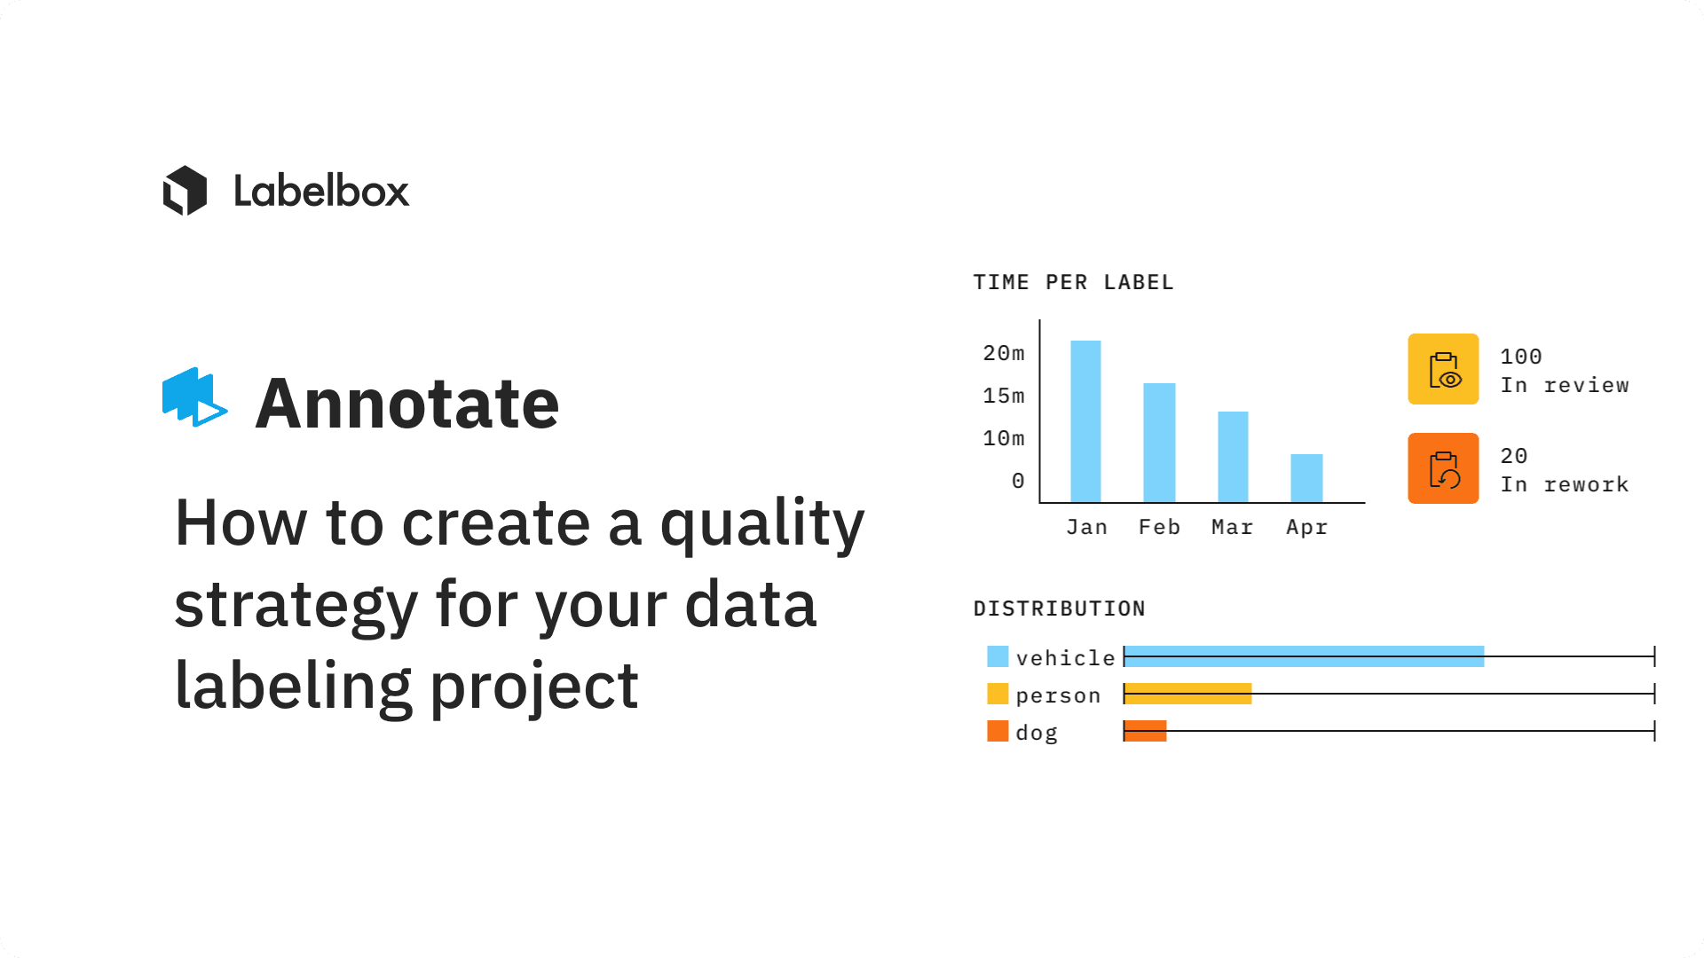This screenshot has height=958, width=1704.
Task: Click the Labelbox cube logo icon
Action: point(185,191)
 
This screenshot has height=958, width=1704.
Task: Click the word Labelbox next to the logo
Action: point(321,191)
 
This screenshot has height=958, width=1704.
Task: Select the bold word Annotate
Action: point(407,404)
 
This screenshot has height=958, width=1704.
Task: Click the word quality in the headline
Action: point(762,525)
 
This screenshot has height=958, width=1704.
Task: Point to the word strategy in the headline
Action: point(296,607)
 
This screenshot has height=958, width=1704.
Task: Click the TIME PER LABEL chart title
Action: point(1073,282)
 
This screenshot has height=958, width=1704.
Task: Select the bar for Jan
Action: point(1085,421)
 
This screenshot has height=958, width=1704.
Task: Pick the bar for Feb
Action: point(1159,443)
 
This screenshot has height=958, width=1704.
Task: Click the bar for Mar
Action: point(1233,457)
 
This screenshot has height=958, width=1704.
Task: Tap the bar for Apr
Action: point(1306,478)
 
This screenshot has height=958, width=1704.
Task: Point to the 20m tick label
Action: point(1004,353)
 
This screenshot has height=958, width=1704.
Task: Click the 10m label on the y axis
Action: point(1004,438)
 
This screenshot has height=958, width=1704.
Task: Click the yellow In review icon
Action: point(1443,369)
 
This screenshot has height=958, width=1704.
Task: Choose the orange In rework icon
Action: point(1443,468)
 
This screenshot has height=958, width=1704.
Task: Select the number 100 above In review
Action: point(1521,357)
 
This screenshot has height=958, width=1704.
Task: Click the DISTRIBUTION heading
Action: point(1059,609)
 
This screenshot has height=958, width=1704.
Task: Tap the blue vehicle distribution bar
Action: point(1304,656)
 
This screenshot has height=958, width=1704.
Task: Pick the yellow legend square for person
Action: point(998,694)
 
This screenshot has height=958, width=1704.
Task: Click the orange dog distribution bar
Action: point(1145,731)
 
